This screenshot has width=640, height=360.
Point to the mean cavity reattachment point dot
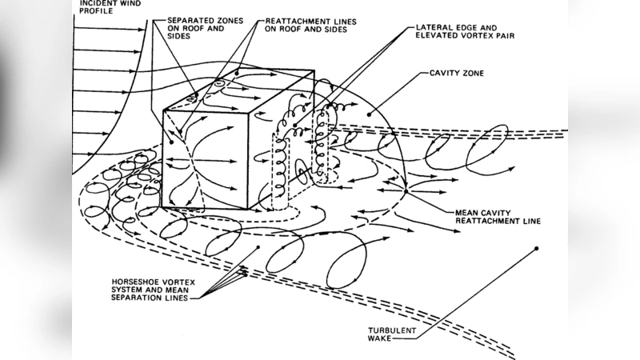[x=406, y=190]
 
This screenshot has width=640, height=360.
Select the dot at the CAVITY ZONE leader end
[x=377, y=113]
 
